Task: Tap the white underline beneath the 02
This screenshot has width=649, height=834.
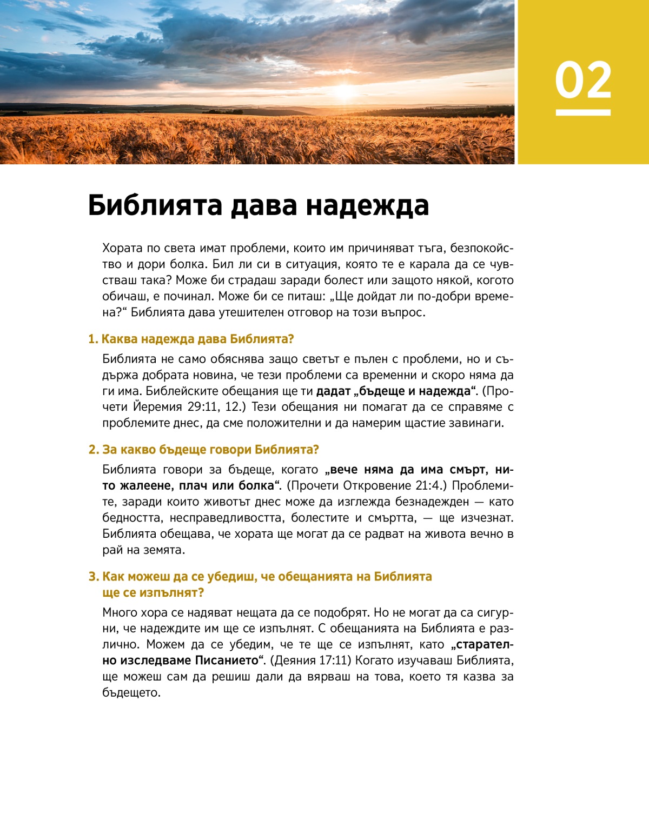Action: click(x=583, y=112)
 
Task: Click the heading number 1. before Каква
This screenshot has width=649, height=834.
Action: click(x=93, y=339)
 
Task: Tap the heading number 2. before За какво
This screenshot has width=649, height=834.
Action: click(x=94, y=450)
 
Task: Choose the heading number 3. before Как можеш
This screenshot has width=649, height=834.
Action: click(x=94, y=577)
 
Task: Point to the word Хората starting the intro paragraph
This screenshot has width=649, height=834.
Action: click(x=123, y=248)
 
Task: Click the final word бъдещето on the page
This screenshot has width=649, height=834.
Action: click(x=131, y=693)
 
